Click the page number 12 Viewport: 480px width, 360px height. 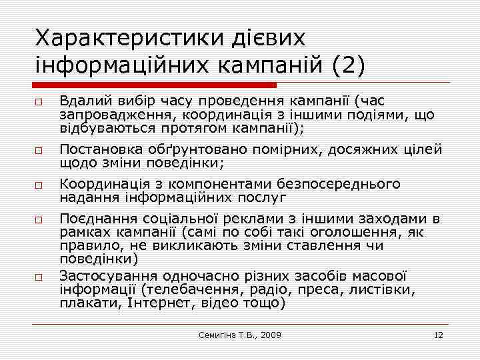tap(438, 335)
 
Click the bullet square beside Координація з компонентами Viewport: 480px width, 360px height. tap(39, 185)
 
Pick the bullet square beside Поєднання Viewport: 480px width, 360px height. tap(39, 219)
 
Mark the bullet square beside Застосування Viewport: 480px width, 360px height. tap(39, 277)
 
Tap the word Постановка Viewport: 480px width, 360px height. tap(97, 150)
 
